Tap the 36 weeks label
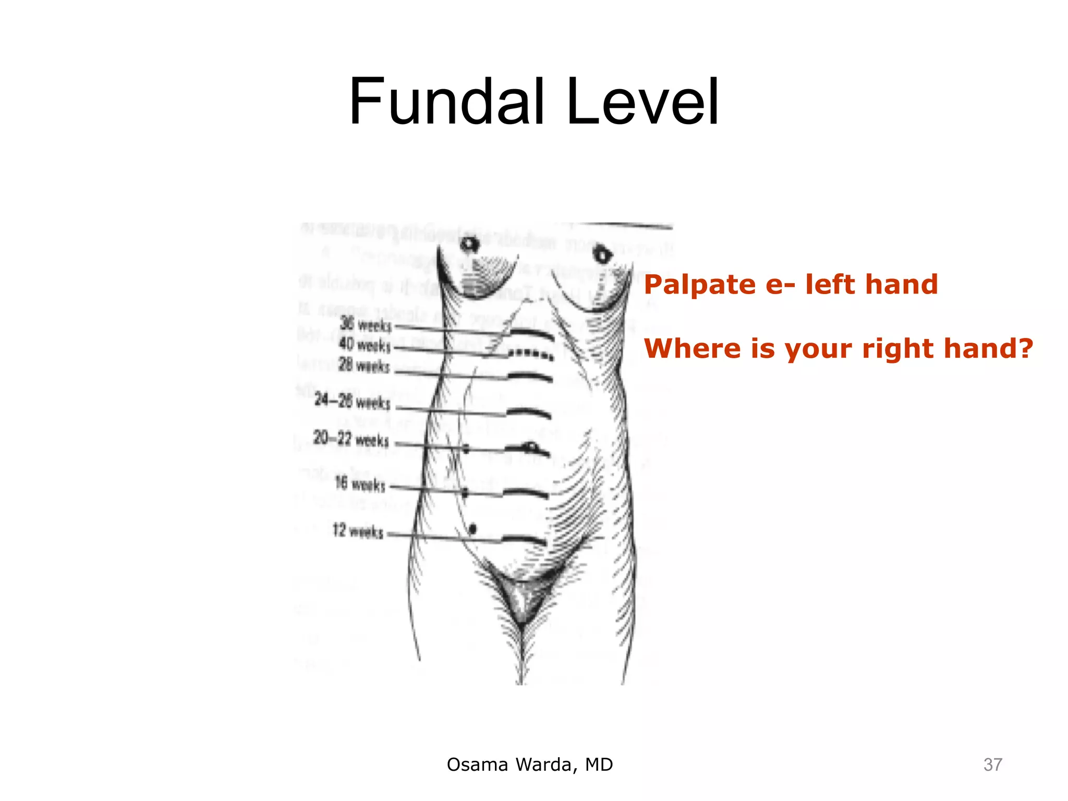click(366, 324)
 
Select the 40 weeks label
click(365, 345)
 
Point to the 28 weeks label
click(364, 365)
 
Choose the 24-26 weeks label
click(352, 401)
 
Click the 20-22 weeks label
click(351, 439)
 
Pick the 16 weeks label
click(360, 483)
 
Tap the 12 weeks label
click(358, 531)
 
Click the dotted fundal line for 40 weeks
click(530, 355)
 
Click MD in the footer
click(599, 764)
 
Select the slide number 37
click(992, 764)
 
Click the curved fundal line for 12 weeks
click(524, 539)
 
